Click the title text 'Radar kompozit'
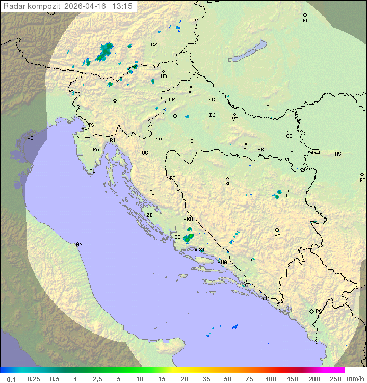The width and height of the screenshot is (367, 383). tap(32, 6)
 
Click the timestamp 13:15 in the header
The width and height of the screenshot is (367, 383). tap(122, 6)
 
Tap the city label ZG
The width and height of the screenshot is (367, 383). tap(175, 122)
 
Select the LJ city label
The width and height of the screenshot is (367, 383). tap(115, 107)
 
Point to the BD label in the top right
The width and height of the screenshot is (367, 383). tap(305, 21)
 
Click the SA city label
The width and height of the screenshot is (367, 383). tap(277, 236)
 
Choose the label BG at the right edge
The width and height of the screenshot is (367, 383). tap(362, 180)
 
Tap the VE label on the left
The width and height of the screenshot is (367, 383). tap(30, 138)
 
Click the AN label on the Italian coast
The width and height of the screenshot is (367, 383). tap(79, 244)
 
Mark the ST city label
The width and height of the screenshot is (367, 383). tap(202, 250)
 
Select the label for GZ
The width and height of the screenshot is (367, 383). tap(154, 44)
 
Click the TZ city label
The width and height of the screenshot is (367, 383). tap(289, 196)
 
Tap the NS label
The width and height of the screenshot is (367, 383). tap(338, 154)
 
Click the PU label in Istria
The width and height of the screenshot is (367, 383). tap(92, 171)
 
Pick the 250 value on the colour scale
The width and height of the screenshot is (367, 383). tap(335, 379)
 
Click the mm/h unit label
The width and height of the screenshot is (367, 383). tap(355, 379)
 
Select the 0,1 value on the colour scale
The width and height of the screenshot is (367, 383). tap(11, 379)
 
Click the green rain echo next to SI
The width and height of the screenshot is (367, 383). tap(189, 237)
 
